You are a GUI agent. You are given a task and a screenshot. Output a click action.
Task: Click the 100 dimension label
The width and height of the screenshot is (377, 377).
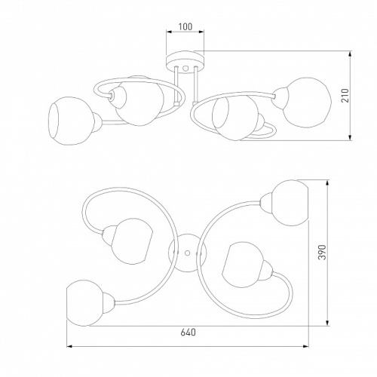(185, 26)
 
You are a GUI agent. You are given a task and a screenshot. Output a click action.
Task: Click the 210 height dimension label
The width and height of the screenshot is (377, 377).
(345, 96)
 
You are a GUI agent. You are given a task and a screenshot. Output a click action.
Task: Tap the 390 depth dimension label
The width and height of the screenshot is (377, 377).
(322, 252)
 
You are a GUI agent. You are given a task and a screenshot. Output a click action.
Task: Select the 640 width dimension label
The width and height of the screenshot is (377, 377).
(188, 333)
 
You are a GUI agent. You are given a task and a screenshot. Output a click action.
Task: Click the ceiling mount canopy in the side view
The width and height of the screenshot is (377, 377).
(185, 60)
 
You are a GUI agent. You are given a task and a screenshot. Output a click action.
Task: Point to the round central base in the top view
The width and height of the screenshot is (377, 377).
(187, 253)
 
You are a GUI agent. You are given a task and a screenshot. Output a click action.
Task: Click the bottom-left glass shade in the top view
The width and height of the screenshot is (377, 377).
(84, 303)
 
